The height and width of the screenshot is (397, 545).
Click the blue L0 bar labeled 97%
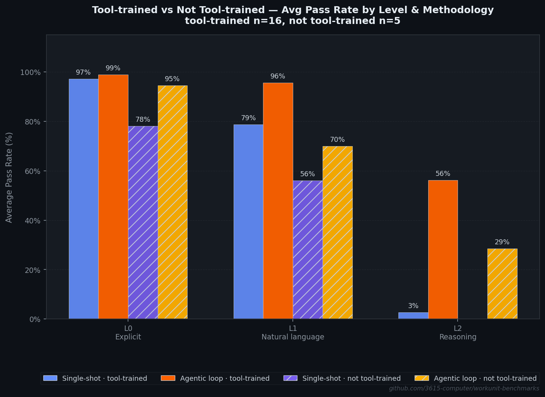click(84, 199)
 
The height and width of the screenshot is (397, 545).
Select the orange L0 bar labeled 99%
click(113, 197)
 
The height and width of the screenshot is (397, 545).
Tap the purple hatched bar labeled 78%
click(143, 222)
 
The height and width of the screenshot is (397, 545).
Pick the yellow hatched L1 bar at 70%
click(337, 232)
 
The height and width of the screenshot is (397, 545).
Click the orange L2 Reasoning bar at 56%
click(443, 249)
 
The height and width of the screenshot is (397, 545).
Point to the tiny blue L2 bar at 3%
click(413, 315)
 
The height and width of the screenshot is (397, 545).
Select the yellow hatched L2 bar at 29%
click(502, 284)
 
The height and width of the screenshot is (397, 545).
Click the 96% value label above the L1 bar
click(278, 77)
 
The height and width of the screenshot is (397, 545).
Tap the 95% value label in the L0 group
click(172, 79)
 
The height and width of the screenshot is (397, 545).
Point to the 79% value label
click(248, 118)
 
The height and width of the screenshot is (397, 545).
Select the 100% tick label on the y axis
click(31, 73)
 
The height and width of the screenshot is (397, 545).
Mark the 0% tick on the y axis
click(35, 319)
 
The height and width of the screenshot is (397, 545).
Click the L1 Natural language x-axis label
click(293, 333)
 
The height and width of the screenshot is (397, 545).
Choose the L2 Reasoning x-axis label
click(458, 333)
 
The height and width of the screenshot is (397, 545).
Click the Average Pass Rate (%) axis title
click(9, 177)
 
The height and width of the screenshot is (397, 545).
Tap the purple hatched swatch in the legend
click(290, 378)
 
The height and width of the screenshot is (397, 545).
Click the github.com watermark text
click(464, 388)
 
